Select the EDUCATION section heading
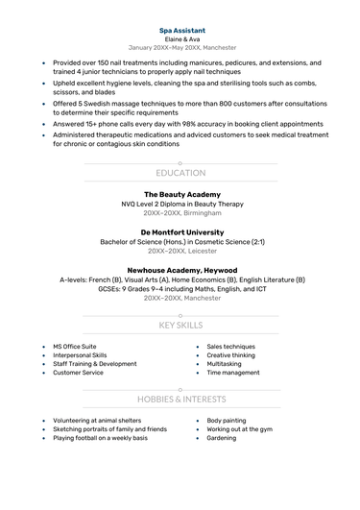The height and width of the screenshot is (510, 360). tap(180, 173)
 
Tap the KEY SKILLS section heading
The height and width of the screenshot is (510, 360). tap(180, 326)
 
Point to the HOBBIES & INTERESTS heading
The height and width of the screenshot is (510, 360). tap(180, 398)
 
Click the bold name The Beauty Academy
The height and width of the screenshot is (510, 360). tap(180, 194)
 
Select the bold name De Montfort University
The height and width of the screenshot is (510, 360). tap(180, 232)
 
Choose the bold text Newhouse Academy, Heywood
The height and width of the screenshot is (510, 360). tap(180, 271)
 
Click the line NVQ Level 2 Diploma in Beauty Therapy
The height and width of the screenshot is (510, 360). tap(180, 204)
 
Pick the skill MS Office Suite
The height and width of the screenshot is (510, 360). tap(75, 346)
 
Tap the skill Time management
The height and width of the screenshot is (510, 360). tap(233, 373)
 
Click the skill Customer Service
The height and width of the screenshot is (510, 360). tap(78, 373)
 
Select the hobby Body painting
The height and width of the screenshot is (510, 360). tap(227, 421)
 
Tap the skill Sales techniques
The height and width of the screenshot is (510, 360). tap(230, 346)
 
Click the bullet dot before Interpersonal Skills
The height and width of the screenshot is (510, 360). tap(43, 355)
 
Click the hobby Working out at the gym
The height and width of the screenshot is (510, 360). tap(240, 429)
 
